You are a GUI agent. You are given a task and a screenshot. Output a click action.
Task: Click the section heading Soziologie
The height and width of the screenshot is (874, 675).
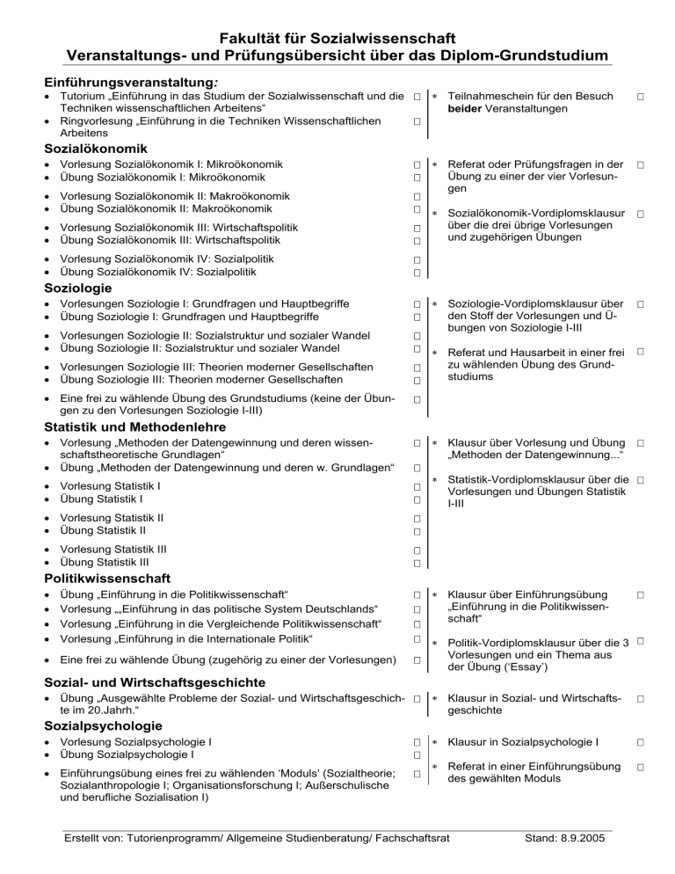tap(77, 288)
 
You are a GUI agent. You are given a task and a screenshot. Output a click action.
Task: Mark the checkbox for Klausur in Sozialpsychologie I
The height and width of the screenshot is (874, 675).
tap(642, 742)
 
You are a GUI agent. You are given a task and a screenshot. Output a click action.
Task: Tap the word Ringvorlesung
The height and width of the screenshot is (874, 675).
tap(99, 120)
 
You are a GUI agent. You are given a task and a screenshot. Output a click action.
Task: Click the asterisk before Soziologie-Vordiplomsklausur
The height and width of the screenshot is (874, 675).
tap(434, 304)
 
